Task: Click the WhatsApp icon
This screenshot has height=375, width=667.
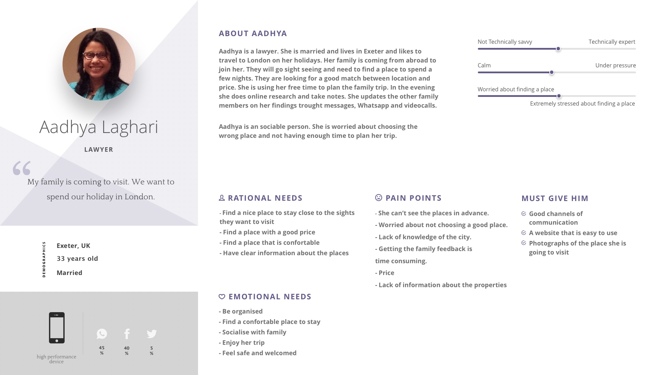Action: (x=102, y=334)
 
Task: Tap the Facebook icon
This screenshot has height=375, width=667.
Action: (x=127, y=334)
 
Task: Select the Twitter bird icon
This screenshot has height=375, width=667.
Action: (x=152, y=334)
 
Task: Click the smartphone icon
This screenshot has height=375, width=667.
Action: (x=57, y=328)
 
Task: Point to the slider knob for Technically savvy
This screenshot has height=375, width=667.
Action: (x=558, y=49)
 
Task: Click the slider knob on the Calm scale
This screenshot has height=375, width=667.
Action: (x=551, y=73)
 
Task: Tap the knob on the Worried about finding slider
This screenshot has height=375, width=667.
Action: (x=559, y=96)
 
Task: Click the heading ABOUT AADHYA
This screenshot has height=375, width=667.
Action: (x=253, y=34)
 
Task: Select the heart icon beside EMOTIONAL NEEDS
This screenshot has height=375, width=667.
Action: (x=222, y=297)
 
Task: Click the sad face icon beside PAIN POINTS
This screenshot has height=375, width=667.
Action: (x=379, y=198)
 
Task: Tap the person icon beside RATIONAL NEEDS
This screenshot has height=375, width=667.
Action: (x=222, y=198)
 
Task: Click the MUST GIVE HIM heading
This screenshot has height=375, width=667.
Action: (x=555, y=198)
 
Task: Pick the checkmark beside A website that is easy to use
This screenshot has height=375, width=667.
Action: (x=524, y=233)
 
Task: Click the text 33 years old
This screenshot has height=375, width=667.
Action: (x=77, y=259)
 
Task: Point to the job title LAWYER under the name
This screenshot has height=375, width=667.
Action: (x=99, y=150)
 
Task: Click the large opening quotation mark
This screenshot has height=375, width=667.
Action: (x=22, y=168)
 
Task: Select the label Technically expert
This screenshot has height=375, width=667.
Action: (x=612, y=42)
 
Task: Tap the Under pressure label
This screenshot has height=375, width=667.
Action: (x=615, y=66)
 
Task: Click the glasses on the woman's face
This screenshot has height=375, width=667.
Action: (x=96, y=55)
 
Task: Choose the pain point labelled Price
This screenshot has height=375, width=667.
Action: (x=386, y=273)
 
